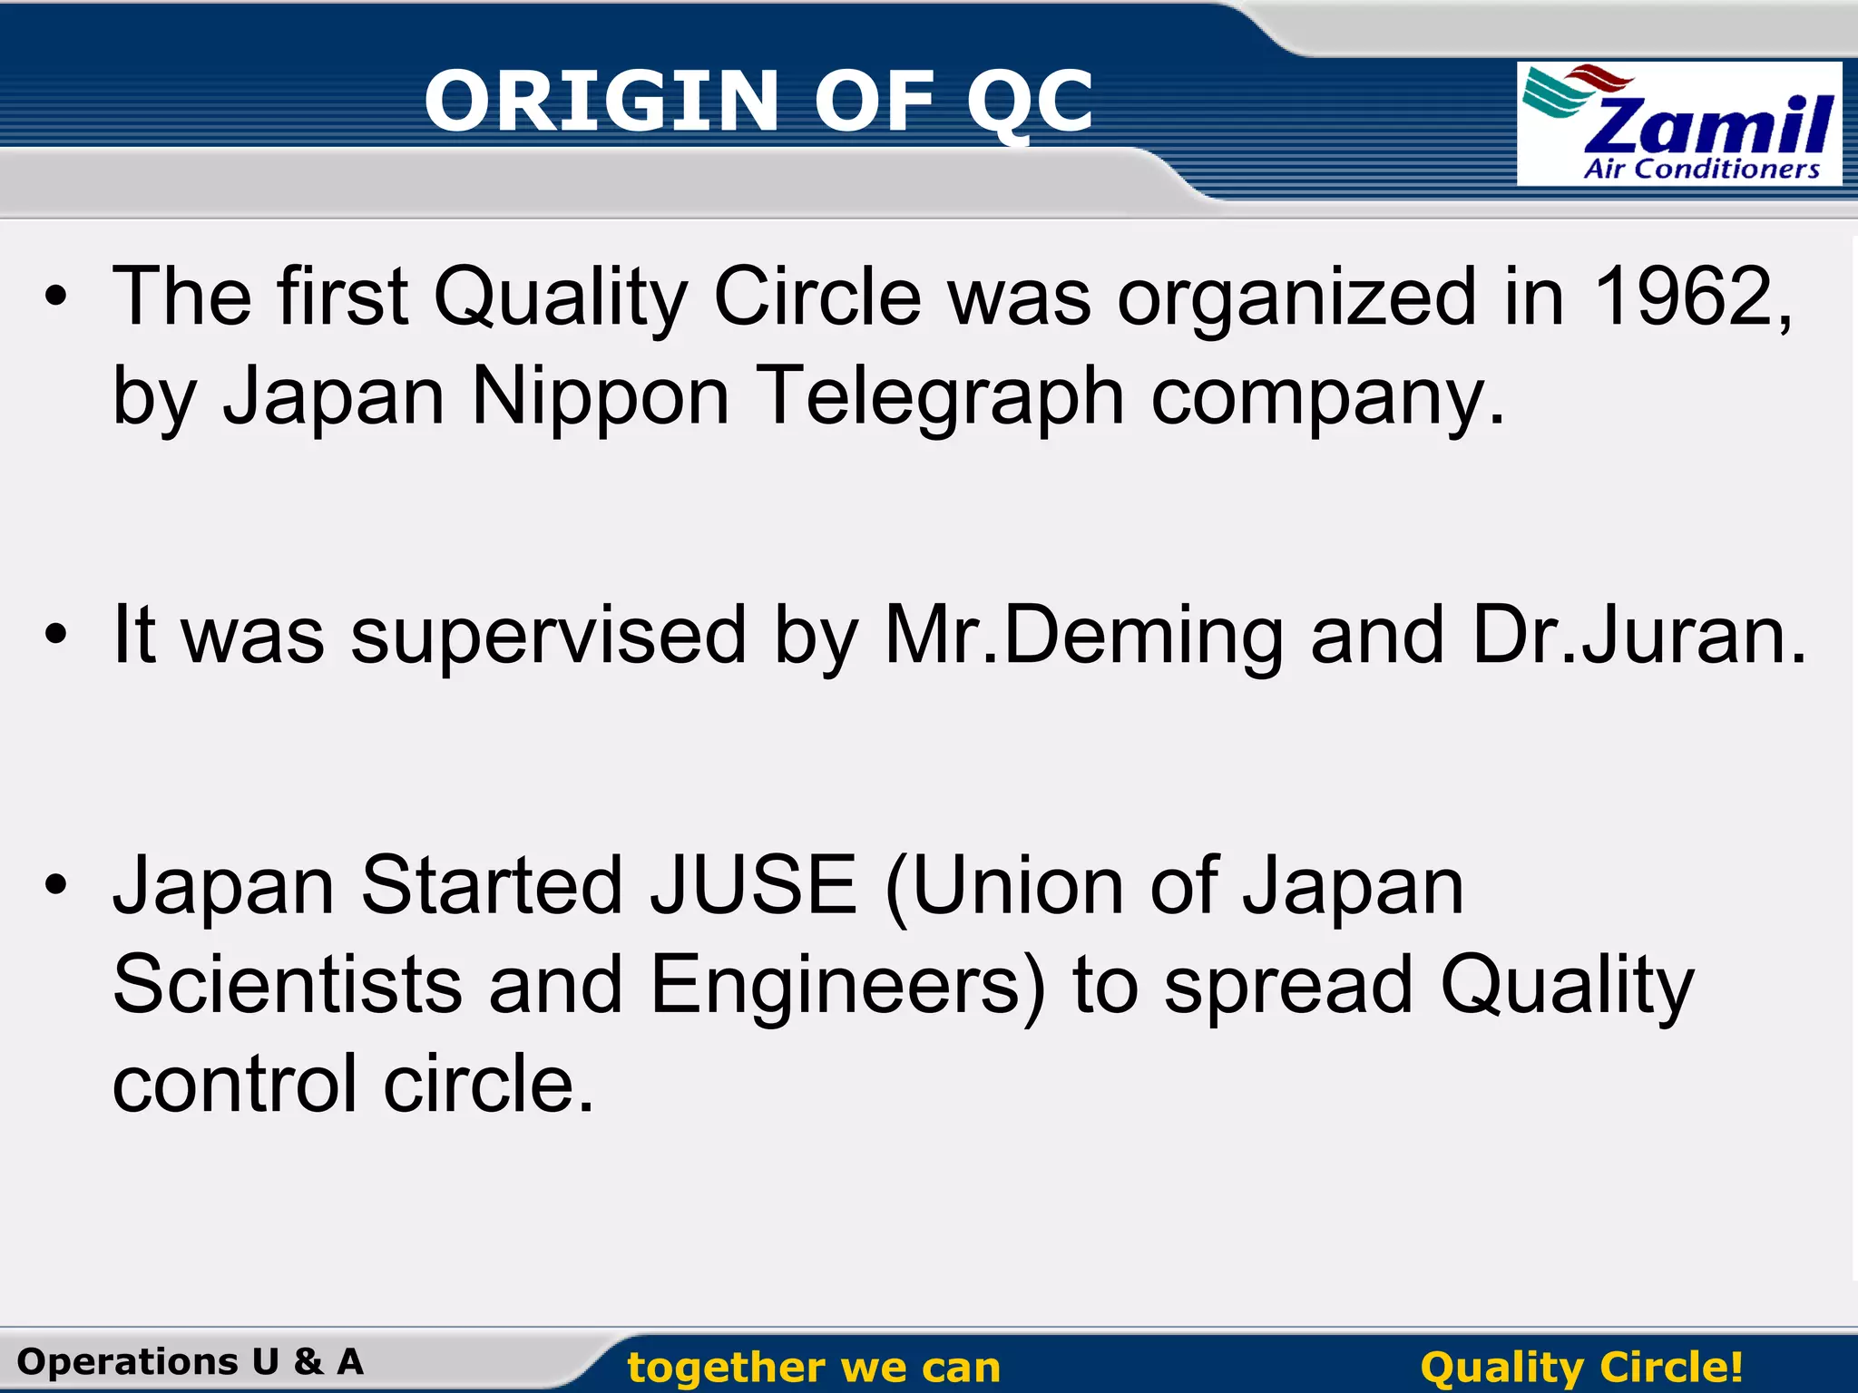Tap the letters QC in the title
tap(1030, 102)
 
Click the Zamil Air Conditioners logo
tap(1678, 124)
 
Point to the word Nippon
tap(600, 397)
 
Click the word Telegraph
tap(940, 397)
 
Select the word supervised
tap(548, 637)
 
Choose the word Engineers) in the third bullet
tap(848, 987)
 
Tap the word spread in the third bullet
tap(1288, 987)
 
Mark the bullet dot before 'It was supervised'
tap(56, 636)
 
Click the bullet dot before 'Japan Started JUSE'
tap(56, 885)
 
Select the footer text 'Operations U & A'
tap(191, 1361)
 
